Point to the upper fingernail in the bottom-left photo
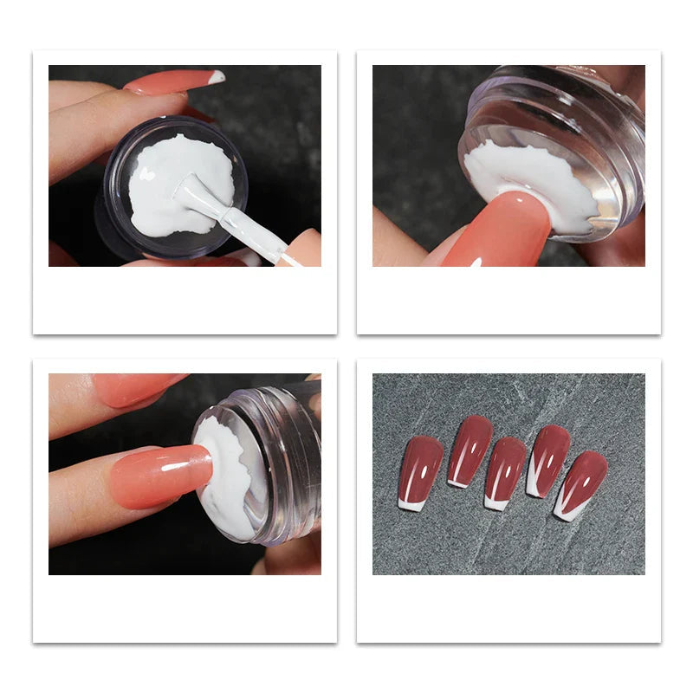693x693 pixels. pyautogui.click(x=139, y=388)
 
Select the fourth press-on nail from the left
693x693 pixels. pyautogui.click(x=547, y=459)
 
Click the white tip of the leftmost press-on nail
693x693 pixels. pyautogui.click(x=411, y=504)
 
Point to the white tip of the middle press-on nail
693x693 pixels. pyautogui.click(x=496, y=502)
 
